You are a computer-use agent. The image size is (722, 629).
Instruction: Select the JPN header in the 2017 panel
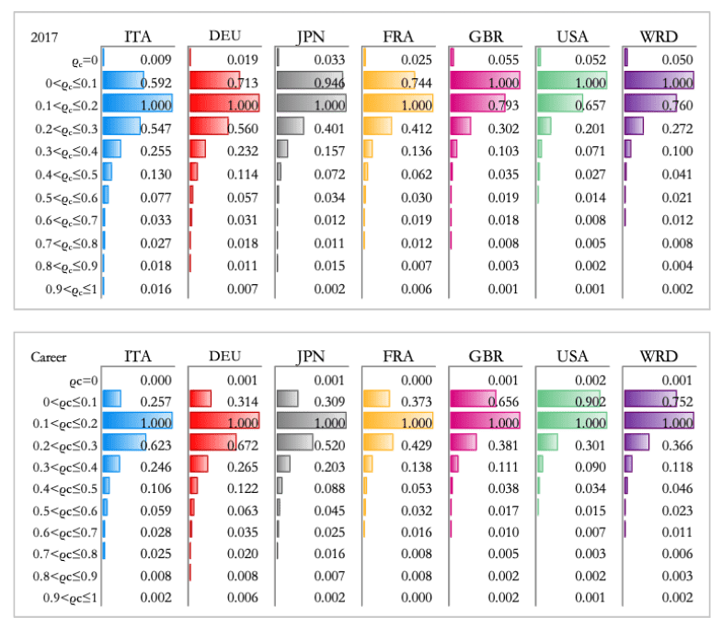tap(310, 36)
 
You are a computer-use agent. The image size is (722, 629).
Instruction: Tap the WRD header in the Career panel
tap(659, 356)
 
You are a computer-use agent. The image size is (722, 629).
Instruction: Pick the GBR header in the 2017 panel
tap(485, 36)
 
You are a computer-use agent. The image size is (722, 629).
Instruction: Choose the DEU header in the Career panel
tap(223, 356)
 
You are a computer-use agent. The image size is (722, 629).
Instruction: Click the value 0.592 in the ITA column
tap(155, 82)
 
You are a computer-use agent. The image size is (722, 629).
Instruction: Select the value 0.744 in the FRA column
tap(417, 82)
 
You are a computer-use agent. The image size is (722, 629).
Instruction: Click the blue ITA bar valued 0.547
tap(120, 125)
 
